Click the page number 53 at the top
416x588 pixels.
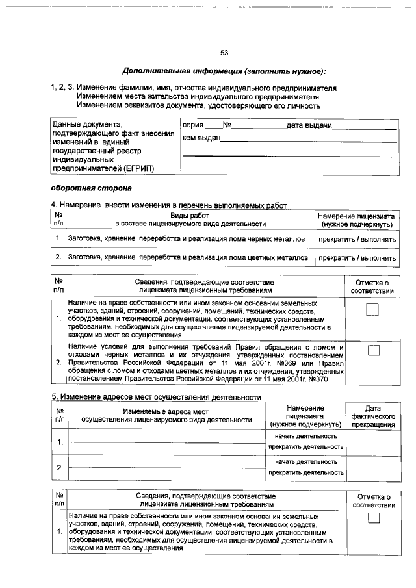[224, 53]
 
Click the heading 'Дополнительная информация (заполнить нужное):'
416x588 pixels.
[224, 70]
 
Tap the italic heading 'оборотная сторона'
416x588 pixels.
[91, 188]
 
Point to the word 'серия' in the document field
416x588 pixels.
[192, 125]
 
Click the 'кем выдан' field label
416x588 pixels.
[201, 138]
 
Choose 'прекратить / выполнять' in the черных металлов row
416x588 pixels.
[357, 239]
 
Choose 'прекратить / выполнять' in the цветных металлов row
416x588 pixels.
[357, 258]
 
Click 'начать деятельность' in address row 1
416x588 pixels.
[305, 436]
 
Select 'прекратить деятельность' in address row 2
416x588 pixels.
[305, 472]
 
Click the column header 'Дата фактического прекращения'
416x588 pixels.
[372, 416]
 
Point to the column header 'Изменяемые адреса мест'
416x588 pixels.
[166, 411]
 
